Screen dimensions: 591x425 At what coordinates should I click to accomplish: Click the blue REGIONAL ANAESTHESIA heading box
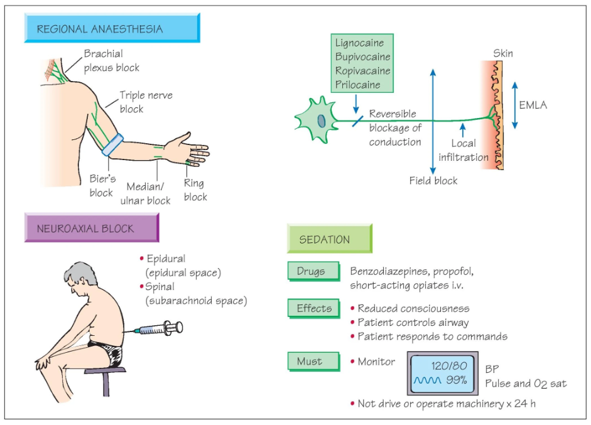point(112,28)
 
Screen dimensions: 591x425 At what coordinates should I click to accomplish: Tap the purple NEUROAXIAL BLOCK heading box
point(92,228)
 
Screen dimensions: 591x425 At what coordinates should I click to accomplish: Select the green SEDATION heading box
point(330,239)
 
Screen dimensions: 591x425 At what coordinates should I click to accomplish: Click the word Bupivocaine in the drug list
point(362,56)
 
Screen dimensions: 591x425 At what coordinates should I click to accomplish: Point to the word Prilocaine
point(358,84)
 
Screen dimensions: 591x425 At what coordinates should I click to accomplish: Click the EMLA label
point(533,105)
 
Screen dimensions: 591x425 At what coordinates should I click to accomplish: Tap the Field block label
point(433,181)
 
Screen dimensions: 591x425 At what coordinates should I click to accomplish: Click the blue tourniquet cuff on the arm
point(112,145)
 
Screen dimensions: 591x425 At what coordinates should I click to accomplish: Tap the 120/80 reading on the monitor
point(449,365)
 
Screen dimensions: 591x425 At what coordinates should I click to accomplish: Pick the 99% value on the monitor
point(457,380)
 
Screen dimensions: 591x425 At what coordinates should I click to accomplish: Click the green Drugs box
point(313,271)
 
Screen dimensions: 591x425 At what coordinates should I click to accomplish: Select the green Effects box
point(313,309)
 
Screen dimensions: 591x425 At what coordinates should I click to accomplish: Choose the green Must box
point(313,362)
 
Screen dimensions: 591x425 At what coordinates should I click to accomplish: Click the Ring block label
point(195,190)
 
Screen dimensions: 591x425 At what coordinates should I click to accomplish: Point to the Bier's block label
point(102,185)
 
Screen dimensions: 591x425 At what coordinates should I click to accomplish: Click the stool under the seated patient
point(105,381)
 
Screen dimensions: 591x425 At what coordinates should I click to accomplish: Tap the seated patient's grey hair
point(80,272)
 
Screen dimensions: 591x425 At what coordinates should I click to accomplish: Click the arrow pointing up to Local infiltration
point(463,130)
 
